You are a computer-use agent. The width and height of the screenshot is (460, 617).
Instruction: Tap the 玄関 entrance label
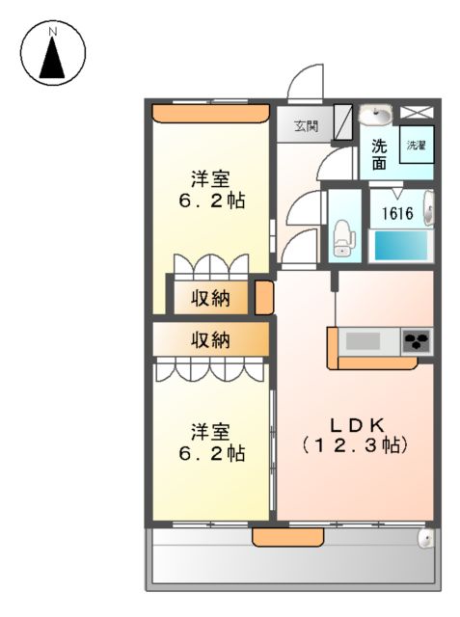[307, 126]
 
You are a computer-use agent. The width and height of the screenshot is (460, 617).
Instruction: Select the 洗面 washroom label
[379, 154]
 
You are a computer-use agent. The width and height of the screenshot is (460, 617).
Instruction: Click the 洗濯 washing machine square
[416, 146]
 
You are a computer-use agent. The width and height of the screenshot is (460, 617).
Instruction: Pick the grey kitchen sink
[365, 340]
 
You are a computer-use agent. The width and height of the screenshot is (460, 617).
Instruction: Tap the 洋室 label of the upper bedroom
[209, 178]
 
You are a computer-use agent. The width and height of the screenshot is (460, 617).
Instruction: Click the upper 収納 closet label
[209, 297]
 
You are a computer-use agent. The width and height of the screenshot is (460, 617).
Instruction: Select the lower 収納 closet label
[209, 339]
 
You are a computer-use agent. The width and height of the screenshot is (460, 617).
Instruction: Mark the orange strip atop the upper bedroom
[210, 113]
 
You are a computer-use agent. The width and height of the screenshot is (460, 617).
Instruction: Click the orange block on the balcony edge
[275, 537]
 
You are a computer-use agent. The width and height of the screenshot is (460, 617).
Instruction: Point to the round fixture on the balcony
[423, 540]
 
